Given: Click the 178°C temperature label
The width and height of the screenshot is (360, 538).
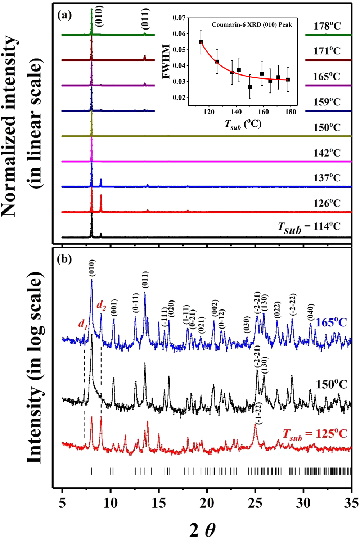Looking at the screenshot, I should [327, 26].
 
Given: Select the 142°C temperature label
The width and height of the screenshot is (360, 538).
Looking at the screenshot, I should [327, 153].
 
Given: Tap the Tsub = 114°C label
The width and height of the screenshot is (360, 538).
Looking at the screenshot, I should [309, 227].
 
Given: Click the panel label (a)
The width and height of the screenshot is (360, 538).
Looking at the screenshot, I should [64, 15].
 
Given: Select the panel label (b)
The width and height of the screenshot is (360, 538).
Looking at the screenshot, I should [64, 259].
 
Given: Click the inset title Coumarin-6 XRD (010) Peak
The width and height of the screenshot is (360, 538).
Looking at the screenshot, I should [252, 25].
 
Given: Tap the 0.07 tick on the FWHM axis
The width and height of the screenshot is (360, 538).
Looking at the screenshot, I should [179, 18].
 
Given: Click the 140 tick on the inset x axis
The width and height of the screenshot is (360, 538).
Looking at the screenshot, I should [236, 112].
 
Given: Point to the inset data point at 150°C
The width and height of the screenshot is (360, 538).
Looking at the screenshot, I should [250, 87].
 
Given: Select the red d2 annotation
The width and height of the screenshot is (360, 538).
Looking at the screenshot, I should [102, 306].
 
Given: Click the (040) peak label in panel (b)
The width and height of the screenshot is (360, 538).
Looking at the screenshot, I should [311, 313].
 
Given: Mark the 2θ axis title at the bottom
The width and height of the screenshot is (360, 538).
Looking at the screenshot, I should [202, 528].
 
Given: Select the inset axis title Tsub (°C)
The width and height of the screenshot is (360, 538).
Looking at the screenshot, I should [243, 124].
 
